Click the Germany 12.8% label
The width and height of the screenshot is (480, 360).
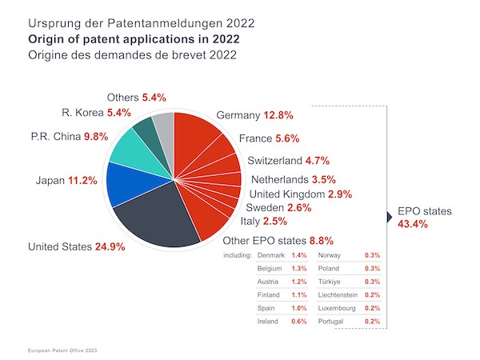click(254, 116)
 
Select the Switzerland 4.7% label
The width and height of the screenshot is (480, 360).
click(288, 161)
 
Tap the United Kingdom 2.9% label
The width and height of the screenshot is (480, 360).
click(300, 194)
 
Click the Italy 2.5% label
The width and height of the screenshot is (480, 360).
click(263, 221)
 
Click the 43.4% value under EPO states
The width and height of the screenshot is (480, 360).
click(413, 225)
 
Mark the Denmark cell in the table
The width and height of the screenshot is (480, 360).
click(271, 255)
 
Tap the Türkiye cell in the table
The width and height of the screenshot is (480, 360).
click(330, 282)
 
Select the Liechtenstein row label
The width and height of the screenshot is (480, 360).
click(339, 295)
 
